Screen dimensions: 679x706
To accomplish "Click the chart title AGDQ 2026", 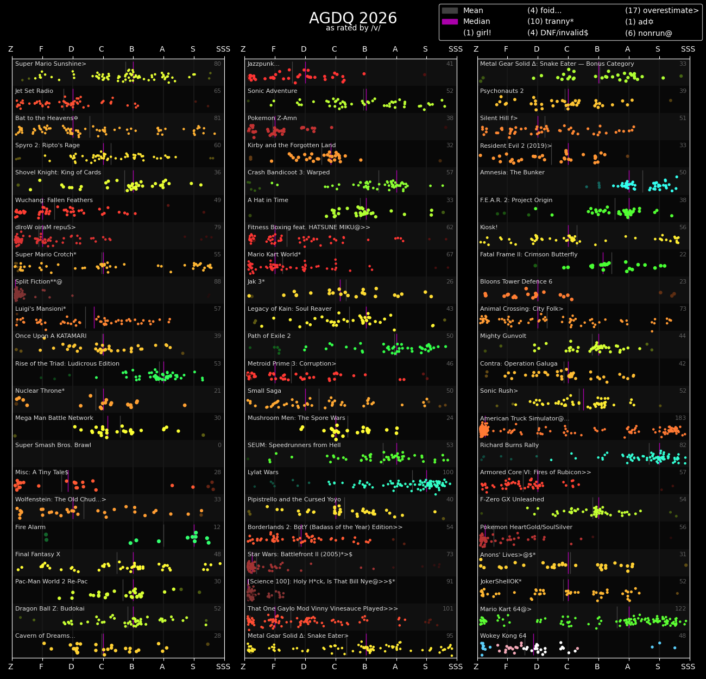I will (353, 18).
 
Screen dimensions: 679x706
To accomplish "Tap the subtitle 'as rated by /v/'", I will (353, 28).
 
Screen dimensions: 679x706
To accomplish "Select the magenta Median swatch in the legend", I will (450, 22).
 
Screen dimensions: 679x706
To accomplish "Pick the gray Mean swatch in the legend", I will (450, 11).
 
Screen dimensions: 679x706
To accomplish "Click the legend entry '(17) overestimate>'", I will (661, 11).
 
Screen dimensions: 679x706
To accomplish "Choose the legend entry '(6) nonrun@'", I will (648, 33).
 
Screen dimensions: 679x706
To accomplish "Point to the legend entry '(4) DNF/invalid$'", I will (558, 33).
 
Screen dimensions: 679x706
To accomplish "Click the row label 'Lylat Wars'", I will (263, 473).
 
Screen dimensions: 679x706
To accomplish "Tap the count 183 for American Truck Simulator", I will (680, 418).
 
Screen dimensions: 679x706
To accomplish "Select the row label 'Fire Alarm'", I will (30, 527).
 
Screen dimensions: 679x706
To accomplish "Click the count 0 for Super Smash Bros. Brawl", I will (219, 445).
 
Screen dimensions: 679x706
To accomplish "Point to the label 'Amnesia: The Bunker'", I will (512, 173).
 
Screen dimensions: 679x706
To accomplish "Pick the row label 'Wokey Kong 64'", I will (503, 636).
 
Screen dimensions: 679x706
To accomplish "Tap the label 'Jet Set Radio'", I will (34, 91).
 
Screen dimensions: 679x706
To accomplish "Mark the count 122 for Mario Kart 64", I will (680, 609).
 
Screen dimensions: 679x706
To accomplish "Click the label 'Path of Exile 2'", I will (269, 336).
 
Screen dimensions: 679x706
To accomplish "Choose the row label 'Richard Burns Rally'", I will (509, 445).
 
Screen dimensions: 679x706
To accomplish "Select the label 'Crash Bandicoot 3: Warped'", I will (288, 173).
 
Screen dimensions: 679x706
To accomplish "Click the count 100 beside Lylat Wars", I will (448, 473).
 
